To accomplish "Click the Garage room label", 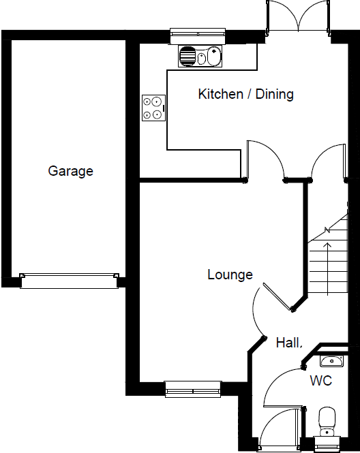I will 70,171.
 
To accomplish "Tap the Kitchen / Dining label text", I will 245,94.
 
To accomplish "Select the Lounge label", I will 230,275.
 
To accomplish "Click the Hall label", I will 288,343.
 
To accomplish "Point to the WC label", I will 321,381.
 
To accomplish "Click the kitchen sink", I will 200,57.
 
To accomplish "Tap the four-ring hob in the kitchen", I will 153,108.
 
